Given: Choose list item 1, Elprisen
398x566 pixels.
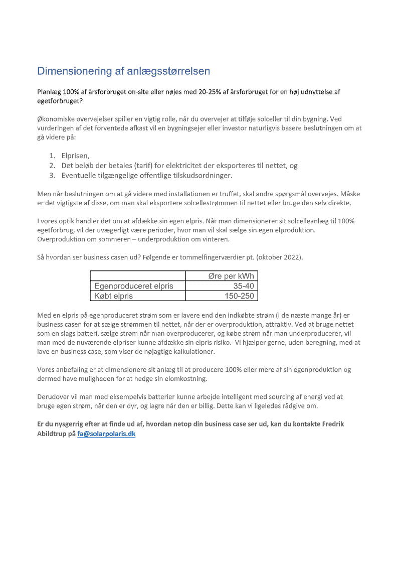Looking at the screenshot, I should pos(75,156).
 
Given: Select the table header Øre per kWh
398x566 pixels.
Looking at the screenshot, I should pos(231,276).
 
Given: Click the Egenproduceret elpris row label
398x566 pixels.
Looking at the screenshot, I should pos(134,286).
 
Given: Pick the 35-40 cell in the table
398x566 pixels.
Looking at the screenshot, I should pos(244,286).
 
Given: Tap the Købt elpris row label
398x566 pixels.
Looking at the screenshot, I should pos(114,296).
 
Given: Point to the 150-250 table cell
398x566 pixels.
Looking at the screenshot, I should pos(239,296).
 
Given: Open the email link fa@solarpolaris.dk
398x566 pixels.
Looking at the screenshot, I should pos(106,434).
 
